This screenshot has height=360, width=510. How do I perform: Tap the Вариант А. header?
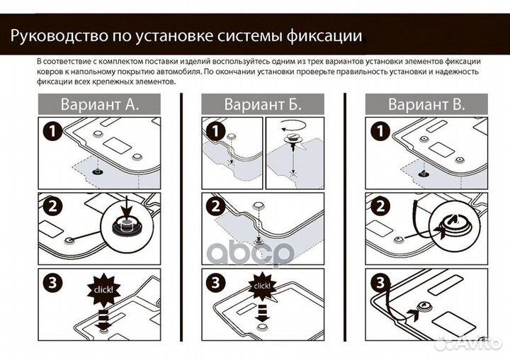pyautogui.click(x=99, y=104)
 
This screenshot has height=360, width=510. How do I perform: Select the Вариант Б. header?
pyautogui.click(x=263, y=104)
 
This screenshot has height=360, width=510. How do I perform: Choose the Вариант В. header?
pyautogui.click(x=426, y=104)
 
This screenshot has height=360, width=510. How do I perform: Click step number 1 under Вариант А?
pyautogui.click(x=51, y=131)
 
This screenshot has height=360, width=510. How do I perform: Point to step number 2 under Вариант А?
pyautogui.click(x=51, y=207)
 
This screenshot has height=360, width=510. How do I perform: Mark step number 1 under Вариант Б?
pyautogui.click(x=215, y=131)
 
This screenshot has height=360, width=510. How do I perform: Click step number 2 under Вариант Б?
pyautogui.click(x=215, y=207)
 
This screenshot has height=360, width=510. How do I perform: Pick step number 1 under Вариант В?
pyautogui.click(x=378, y=131)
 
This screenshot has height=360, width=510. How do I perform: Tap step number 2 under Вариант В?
pyautogui.click(x=378, y=207)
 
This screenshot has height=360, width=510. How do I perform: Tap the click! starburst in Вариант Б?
pyautogui.click(x=261, y=286)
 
